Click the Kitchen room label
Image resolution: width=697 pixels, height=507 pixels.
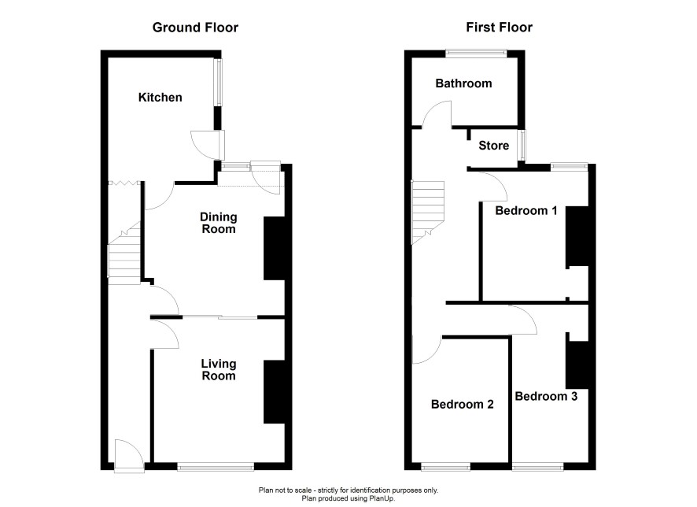tap(160, 98)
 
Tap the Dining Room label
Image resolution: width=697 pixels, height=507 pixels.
tap(218, 223)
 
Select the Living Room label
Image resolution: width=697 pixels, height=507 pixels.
tap(218, 369)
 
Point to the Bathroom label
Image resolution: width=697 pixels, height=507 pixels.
tap(463, 83)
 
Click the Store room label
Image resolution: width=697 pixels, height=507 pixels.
tap(494, 146)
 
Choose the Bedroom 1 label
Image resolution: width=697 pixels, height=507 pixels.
tap(526, 210)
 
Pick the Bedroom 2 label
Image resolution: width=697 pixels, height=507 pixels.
tap(463, 405)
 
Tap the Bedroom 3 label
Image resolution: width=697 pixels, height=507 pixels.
tap(546, 396)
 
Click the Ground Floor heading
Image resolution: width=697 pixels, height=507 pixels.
tap(195, 28)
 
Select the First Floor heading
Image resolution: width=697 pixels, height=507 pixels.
tap(500, 28)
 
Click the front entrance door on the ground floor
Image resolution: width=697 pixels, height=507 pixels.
tap(129, 455)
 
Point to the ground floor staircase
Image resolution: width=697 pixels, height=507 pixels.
tap(124, 253)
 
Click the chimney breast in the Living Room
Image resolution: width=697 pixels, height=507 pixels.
tap(275, 392)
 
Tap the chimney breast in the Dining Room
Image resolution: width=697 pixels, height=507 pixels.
tap(275, 248)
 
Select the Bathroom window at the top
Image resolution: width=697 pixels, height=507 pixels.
tap(477, 54)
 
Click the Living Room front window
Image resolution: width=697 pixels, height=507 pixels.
tap(216, 467)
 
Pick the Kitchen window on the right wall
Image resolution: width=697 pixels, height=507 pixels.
tap(218, 83)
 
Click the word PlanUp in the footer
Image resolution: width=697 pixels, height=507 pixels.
tap(382, 498)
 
